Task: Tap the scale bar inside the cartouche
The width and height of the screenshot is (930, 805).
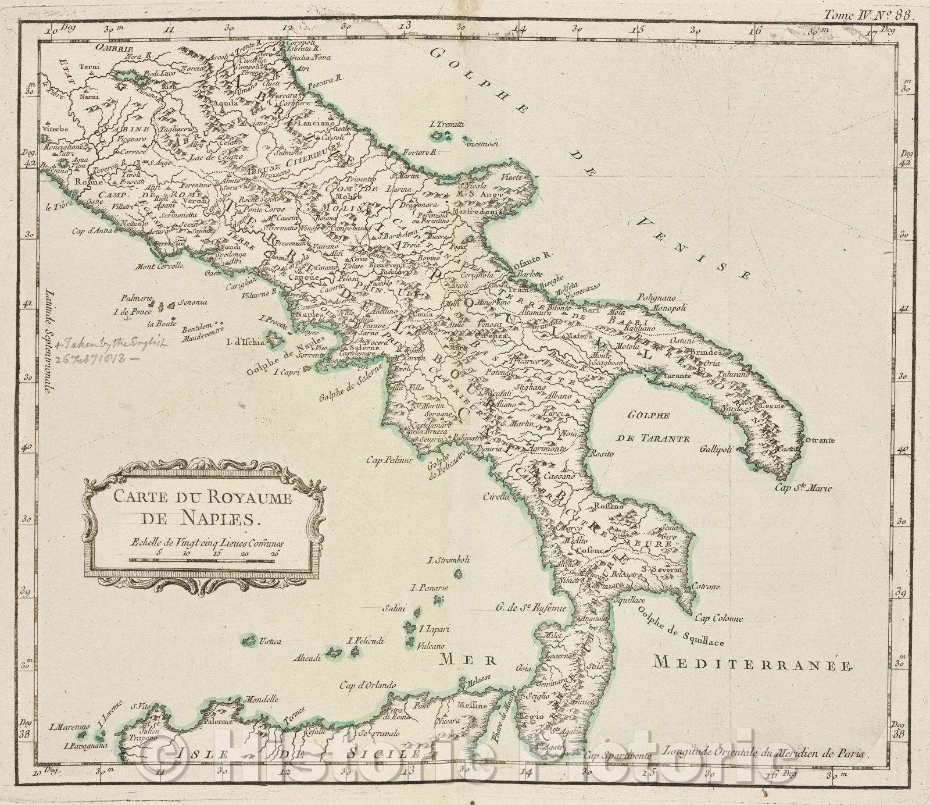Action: pyautogui.click(x=201, y=561)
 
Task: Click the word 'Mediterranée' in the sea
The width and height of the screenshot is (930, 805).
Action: pyautogui.click(x=751, y=662)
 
